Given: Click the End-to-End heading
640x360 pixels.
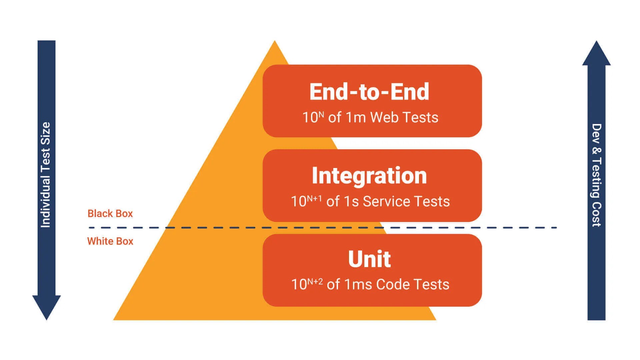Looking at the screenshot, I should pos(369,92).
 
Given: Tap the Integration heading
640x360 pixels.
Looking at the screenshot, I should pos(369,176).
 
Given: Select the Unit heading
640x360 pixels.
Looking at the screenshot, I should pos(369,259).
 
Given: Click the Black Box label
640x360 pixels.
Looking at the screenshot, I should pos(110,213).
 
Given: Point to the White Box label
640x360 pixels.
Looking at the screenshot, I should pos(110,241).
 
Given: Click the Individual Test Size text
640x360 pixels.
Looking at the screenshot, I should pos(46,175).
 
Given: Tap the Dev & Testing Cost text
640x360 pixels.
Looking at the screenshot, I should pos(596,175).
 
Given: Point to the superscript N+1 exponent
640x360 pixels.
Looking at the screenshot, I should pos(314,199).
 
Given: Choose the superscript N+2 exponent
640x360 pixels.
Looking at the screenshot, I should pos(315,282).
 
